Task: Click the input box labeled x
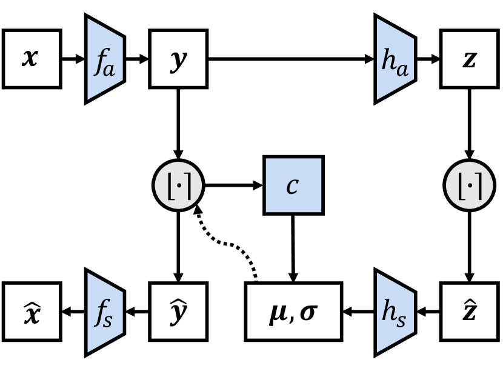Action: tap(32, 59)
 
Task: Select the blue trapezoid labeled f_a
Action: tap(105, 59)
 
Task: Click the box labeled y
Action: tap(178, 59)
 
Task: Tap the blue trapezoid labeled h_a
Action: tap(395, 59)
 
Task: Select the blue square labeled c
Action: tap(293, 185)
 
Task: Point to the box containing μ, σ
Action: tap(293, 312)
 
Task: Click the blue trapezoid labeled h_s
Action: tap(395, 312)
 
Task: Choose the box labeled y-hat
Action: tap(178, 312)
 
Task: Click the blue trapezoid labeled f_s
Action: tap(105, 312)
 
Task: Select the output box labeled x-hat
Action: tap(32, 312)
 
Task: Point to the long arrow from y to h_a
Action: tap(291, 59)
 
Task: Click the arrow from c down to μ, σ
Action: tap(293, 249)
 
